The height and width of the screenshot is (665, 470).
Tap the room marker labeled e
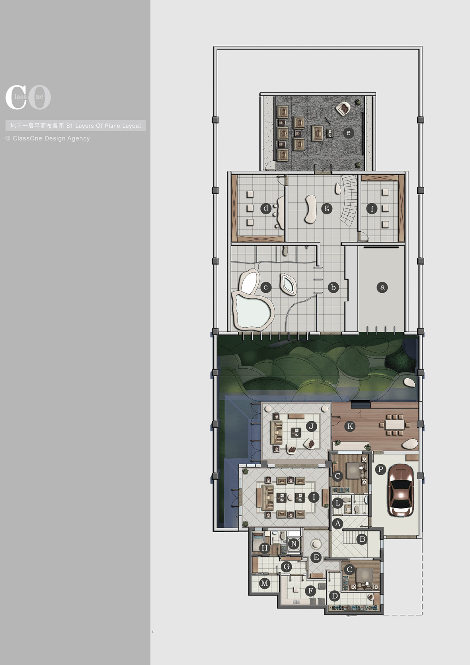coord(349,133)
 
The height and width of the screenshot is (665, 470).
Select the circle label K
coord(350,426)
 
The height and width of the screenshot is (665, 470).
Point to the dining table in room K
coord(395,425)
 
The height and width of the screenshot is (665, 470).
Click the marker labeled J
coord(311,426)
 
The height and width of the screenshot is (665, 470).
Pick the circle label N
coord(294,544)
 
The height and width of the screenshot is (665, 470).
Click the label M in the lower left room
coord(264,583)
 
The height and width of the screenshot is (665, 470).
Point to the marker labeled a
coord(382,287)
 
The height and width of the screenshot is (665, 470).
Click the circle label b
coord(333,288)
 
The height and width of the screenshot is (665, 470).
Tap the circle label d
coord(266,208)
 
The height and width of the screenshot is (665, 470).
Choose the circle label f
coord(372,209)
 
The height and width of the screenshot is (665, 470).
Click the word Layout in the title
coord(132,126)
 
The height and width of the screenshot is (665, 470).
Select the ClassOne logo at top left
coord(28,97)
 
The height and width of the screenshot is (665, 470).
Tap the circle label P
coord(380,469)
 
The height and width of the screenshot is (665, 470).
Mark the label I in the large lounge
coord(314,497)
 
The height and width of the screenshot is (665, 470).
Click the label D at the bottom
coord(335,595)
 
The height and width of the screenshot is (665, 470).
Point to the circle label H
coord(264,548)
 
